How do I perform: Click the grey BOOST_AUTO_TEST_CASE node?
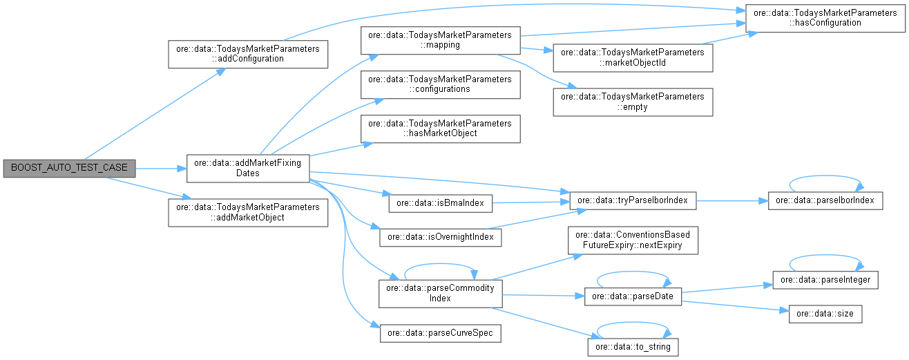click(x=69, y=167)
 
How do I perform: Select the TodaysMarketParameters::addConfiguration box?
click(x=247, y=54)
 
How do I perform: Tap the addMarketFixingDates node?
click(x=247, y=168)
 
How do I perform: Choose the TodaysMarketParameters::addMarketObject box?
click(x=247, y=212)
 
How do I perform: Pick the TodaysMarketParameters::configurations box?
click(x=439, y=84)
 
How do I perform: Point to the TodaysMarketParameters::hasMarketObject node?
click(x=439, y=129)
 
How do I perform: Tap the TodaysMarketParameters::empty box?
click(x=632, y=102)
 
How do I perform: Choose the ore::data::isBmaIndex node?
click(x=439, y=202)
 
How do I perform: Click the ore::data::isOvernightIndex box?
click(x=439, y=237)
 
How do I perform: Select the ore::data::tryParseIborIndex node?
click(x=632, y=200)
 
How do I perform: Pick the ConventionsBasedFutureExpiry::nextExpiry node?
click(x=632, y=239)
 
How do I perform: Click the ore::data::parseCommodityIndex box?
click(x=439, y=293)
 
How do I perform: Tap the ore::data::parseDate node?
click(x=632, y=296)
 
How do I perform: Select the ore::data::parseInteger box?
click(x=825, y=280)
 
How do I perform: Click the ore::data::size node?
click(x=825, y=314)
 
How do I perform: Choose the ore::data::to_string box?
click(x=632, y=345)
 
